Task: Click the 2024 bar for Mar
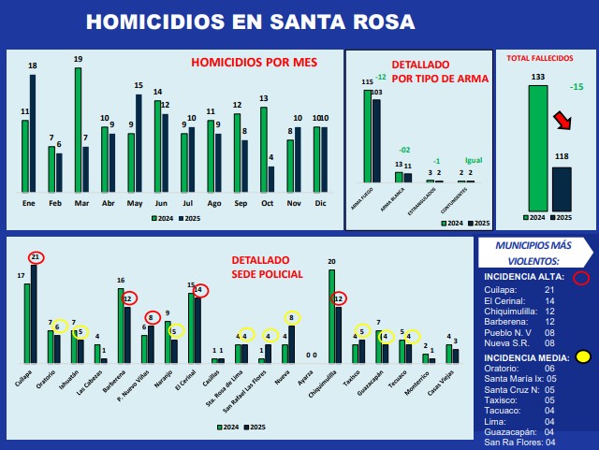coord(78,129)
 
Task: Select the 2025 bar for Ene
coord(33,133)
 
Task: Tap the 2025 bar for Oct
coord(271,179)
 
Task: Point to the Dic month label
coord(320,202)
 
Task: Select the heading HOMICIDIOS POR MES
coord(254,63)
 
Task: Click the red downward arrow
coord(562,121)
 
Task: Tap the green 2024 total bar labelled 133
coord(537,148)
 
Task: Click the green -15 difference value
coord(577,87)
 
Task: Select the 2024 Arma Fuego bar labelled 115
coord(368,135)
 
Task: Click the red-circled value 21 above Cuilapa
coord(36,257)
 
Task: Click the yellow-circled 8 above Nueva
coord(291,317)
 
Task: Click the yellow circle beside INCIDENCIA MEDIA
coord(582,356)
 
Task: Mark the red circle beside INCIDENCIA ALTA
coord(580,277)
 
